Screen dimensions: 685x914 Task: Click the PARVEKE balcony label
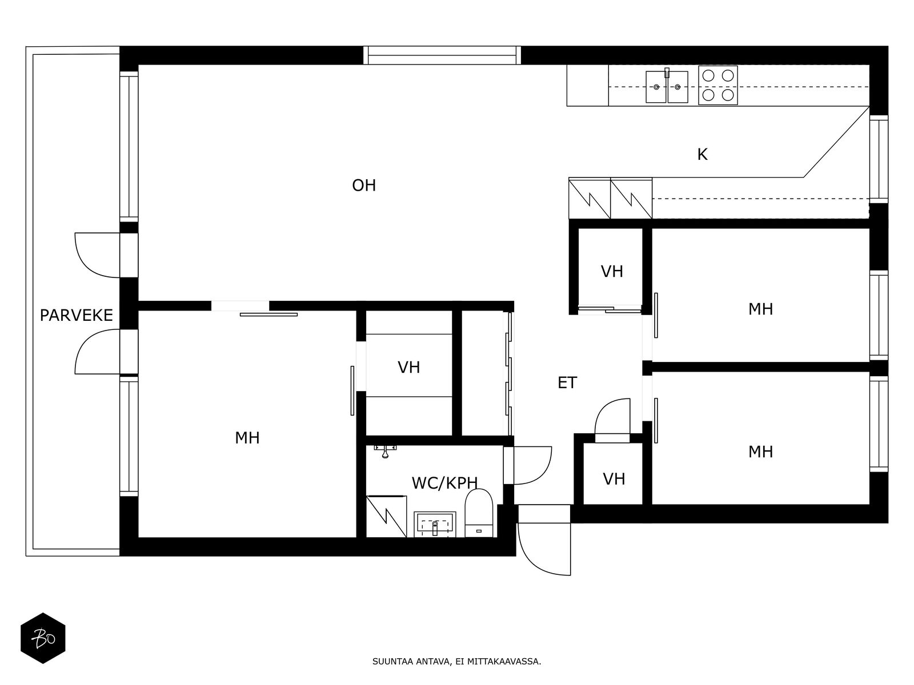pyautogui.click(x=76, y=315)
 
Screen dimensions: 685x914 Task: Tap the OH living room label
pyautogui.click(x=364, y=186)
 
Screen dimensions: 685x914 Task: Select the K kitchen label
pyautogui.click(x=702, y=154)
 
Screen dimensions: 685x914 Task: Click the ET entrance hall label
pyautogui.click(x=567, y=382)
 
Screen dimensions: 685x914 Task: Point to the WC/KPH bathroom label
pyautogui.click(x=444, y=483)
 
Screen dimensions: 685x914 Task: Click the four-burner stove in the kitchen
pyautogui.click(x=717, y=85)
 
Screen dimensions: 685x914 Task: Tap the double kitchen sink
pyautogui.click(x=667, y=87)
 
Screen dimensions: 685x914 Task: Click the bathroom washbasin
pyautogui.click(x=435, y=523)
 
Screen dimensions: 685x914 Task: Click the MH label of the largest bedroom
pyautogui.click(x=247, y=438)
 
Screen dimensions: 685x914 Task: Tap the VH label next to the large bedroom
pyautogui.click(x=408, y=367)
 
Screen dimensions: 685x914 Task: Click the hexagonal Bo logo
pyautogui.click(x=43, y=638)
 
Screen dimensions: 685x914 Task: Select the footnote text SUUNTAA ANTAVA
pyautogui.click(x=456, y=662)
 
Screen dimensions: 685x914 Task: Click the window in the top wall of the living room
pyautogui.click(x=442, y=55)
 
